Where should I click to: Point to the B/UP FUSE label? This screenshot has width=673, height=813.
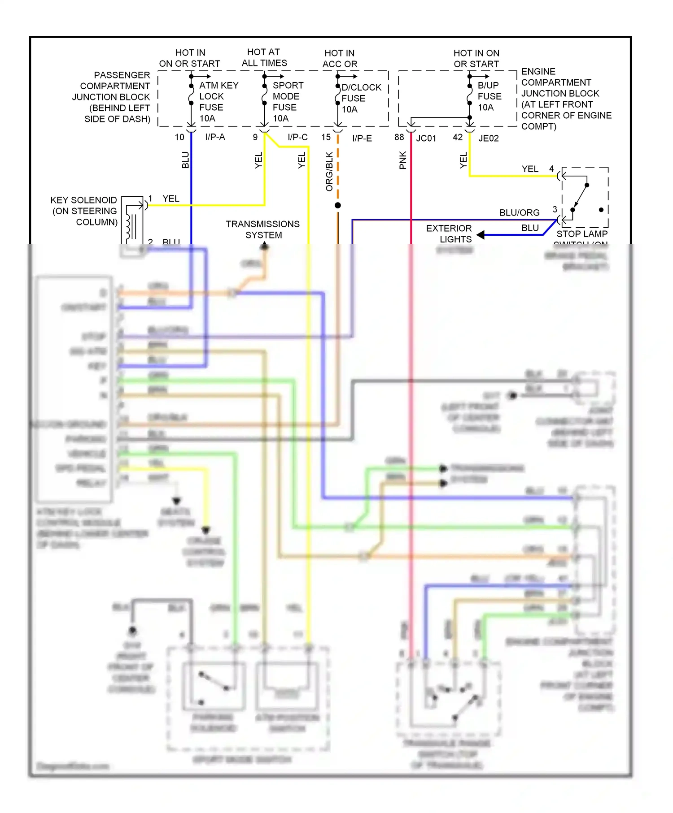pos(489,96)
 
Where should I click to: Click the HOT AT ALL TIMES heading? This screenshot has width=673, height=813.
pos(264,57)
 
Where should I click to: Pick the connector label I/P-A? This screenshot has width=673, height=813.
pos(215,137)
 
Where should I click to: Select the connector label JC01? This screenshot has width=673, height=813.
pos(426,138)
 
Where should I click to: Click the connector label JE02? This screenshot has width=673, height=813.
pos(488,138)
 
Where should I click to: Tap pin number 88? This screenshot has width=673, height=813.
pos(399,137)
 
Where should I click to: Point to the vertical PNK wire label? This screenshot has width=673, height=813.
pos(402,160)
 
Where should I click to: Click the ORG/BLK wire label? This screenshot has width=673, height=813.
pos(329,171)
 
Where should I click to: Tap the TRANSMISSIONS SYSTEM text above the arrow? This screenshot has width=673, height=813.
pos(263,229)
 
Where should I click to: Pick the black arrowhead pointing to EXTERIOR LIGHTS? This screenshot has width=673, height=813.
pos(481,234)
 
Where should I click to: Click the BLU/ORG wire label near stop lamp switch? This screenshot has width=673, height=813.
pos(519,212)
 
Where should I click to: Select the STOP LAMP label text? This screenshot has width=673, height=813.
pos(581,234)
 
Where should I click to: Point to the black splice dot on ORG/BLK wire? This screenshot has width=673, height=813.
pos(338,205)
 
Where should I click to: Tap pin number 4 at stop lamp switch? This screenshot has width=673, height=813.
pos(551,169)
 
